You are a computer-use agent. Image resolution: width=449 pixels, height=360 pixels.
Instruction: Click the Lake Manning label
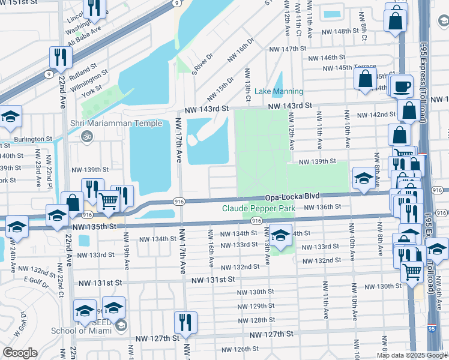279,91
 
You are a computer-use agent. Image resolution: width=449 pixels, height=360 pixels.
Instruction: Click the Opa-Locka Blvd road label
292,197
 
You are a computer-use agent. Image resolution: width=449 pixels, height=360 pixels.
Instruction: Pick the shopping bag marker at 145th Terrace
365,79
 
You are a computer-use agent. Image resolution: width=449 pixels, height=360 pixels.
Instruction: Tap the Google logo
20,352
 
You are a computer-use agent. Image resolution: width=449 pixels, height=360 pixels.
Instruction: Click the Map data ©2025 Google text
411,355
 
